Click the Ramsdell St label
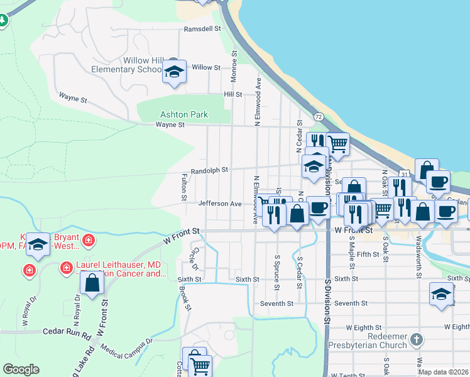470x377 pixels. click(x=202, y=29)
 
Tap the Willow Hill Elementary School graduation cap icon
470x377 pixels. click(x=174, y=72)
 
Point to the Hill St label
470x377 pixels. click(x=233, y=94)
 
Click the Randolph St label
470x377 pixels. click(x=209, y=170)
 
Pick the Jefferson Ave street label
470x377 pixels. click(x=220, y=204)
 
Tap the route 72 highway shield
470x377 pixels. click(x=319, y=117)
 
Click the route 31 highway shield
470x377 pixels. click(x=405, y=173)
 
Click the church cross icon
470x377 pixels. click(x=415, y=341)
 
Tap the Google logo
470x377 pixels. click(x=20, y=369)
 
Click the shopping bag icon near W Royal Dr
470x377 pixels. click(x=92, y=283)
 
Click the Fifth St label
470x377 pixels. click(x=367, y=254)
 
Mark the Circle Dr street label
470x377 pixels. click(x=195, y=258)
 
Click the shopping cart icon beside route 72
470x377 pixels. click(x=338, y=144)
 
